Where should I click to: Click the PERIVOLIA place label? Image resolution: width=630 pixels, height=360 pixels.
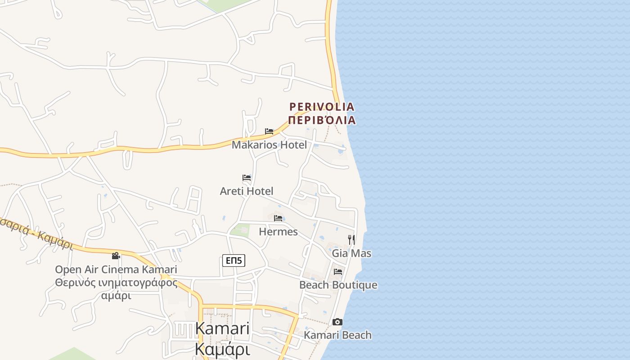click(x=322, y=107)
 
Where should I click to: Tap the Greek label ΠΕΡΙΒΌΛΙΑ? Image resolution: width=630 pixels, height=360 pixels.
click(x=322, y=120)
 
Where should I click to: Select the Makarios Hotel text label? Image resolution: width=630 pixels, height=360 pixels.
click(x=269, y=145)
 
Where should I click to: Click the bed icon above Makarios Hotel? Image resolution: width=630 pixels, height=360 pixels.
click(x=269, y=131)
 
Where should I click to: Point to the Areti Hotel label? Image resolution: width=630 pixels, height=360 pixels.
click(x=247, y=191)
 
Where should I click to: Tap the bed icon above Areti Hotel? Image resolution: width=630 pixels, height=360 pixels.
click(x=247, y=178)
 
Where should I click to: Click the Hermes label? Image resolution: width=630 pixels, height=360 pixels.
click(x=278, y=232)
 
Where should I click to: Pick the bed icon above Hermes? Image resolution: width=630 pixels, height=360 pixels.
click(x=278, y=218)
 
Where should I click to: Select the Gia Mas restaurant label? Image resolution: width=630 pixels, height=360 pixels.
click(x=351, y=253)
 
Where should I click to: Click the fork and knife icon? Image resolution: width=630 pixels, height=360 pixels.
click(x=351, y=239)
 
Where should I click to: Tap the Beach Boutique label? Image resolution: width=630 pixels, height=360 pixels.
click(x=338, y=285)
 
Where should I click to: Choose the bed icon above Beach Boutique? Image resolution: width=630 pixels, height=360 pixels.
click(x=338, y=271)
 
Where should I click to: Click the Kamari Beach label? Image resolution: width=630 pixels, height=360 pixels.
click(x=337, y=335)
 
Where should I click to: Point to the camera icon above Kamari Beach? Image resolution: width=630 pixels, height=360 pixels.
click(x=337, y=322)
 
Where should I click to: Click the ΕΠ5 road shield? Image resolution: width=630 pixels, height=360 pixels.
click(x=234, y=261)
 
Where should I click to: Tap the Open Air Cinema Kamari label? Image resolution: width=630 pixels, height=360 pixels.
click(x=116, y=270)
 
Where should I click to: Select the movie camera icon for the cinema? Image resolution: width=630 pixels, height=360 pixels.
click(x=116, y=256)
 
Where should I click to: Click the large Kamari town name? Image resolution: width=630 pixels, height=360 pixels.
click(x=222, y=329)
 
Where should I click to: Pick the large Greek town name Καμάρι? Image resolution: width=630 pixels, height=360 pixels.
click(x=222, y=349)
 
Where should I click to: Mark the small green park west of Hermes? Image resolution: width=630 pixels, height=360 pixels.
click(x=241, y=229)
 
